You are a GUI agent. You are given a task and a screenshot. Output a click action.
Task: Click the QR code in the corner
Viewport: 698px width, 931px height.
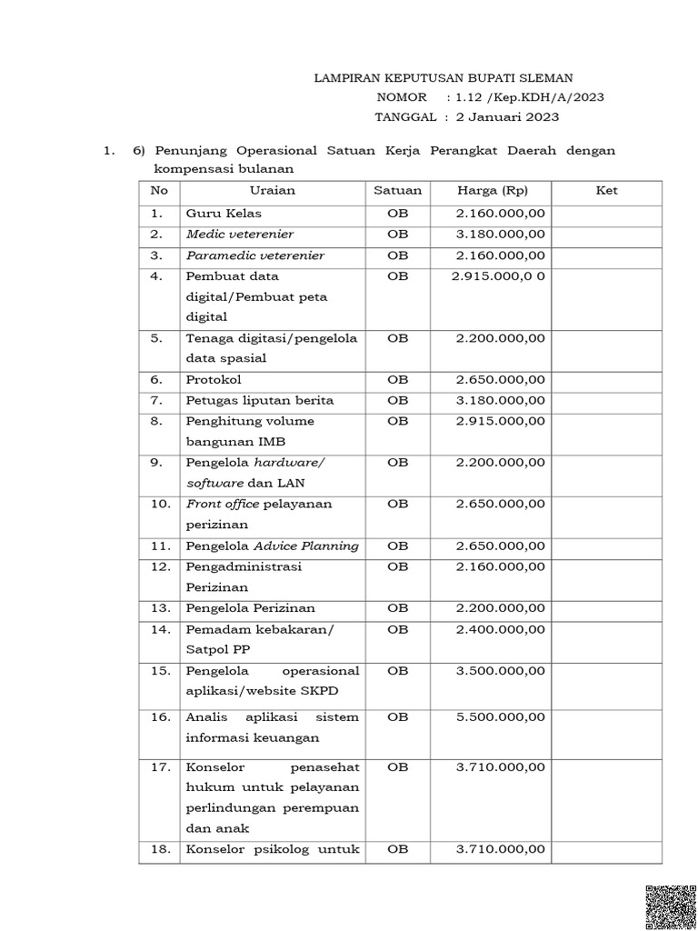672,907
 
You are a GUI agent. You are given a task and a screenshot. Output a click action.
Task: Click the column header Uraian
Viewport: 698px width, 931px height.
272,191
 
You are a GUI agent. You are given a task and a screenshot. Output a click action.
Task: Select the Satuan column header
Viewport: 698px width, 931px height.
397,191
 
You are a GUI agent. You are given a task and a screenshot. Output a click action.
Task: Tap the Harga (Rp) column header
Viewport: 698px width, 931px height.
493,191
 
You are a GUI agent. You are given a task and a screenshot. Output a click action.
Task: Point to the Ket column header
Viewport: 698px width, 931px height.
606,191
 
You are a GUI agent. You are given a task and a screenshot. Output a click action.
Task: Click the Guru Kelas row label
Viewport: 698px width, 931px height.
224,214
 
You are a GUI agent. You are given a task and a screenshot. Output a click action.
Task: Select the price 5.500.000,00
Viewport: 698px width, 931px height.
501,717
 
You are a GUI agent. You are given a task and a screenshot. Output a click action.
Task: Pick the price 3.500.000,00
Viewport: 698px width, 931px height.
501,671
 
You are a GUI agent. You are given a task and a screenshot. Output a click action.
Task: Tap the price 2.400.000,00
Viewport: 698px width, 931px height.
501,629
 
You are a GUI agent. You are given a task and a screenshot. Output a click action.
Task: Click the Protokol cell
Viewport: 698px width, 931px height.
214,379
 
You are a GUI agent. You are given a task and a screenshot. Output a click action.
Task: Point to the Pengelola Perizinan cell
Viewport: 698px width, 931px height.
251,608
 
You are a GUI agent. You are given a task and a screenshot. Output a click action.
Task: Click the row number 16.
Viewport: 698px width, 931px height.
160,717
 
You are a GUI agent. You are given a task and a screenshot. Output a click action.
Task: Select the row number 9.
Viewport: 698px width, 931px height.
157,463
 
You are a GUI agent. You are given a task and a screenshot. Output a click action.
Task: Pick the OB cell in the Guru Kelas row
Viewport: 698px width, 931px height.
397,214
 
